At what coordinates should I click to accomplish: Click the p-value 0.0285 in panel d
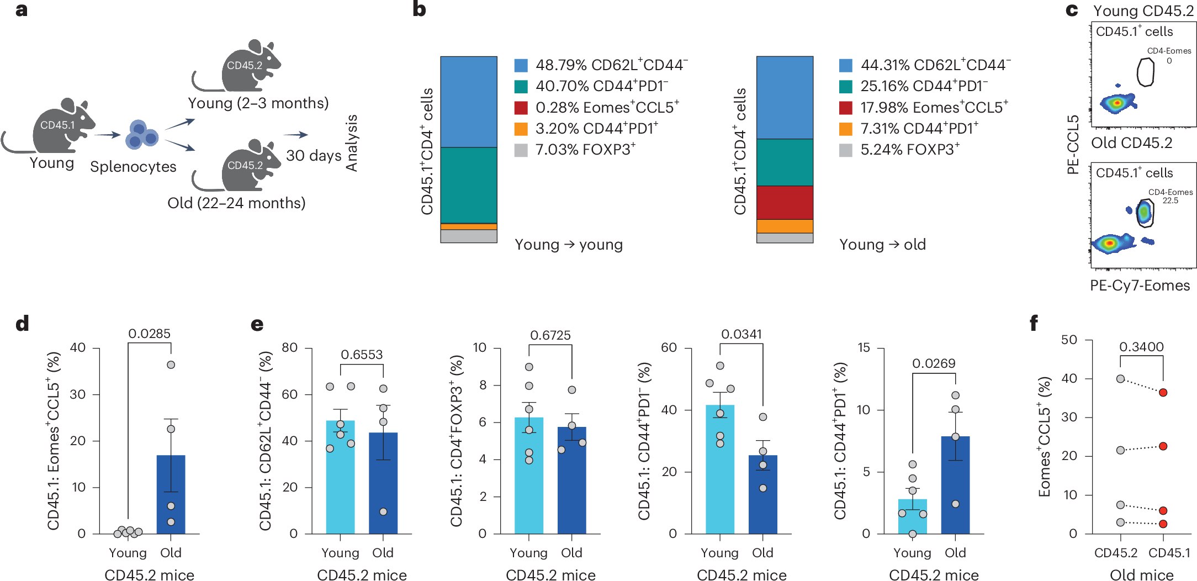149,334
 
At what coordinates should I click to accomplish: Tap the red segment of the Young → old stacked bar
785,203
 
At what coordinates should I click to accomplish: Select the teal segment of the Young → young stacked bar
469,185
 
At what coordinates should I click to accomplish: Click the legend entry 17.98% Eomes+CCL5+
934,108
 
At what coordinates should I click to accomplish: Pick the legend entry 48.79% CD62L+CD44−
611,65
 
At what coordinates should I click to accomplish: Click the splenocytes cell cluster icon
141,134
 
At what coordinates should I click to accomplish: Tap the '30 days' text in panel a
314,156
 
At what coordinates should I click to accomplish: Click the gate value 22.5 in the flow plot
1170,200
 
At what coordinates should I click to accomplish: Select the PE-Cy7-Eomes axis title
1140,286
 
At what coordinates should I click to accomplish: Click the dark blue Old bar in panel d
171,494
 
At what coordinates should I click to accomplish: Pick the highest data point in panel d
171,365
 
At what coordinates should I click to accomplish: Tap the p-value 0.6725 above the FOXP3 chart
550,335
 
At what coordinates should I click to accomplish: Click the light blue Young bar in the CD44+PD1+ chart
912,516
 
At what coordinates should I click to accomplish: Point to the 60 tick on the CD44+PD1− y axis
669,347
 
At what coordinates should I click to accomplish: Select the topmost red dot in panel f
1163,393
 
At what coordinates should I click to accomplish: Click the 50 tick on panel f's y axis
1069,340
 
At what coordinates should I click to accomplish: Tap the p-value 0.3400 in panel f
1141,347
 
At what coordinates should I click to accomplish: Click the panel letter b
419,9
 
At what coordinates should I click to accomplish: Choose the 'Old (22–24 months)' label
236,203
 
